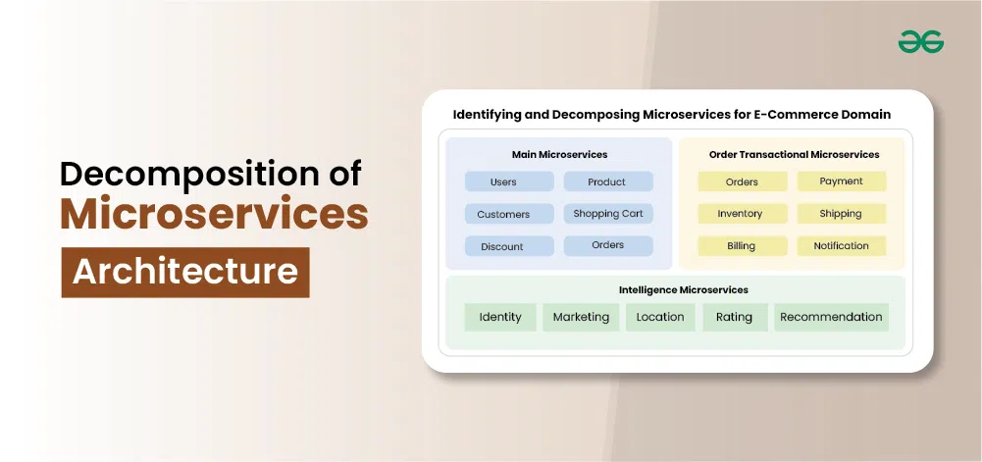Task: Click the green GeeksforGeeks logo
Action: point(920,42)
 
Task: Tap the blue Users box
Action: point(509,181)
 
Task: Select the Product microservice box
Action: point(608,181)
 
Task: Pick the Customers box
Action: point(509,214)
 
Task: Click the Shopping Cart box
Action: point(608,214)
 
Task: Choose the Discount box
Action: point(509,246)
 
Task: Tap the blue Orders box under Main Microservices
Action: point(608,246)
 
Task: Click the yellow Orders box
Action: point(743,181)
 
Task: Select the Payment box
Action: point(842,181)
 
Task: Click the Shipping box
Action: point(842,214)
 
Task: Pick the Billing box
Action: point(743,246)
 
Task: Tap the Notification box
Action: point(842,246)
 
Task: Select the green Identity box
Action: point(500,318)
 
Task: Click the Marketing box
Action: point(581,318)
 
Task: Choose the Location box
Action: point(660,318)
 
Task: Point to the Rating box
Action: point(735,318)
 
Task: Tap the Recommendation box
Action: point(831,318)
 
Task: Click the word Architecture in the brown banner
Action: point(184,273)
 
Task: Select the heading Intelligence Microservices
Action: point(683,289)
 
